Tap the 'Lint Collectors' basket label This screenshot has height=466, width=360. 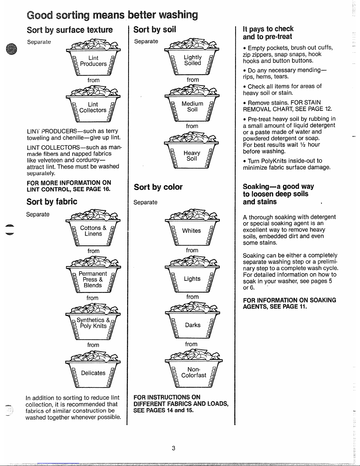tap(93, 108)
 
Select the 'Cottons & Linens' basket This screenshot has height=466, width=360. tap(93, 231)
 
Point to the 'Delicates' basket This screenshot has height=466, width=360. tap(93, 373)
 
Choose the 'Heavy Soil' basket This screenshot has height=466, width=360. tap(192, 156)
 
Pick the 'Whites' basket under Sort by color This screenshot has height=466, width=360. tap(192, 231)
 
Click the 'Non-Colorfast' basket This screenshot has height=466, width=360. tap(194, 373)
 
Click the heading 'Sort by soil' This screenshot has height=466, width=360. tap(155, 30)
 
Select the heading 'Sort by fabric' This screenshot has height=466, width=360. tap(52, 202)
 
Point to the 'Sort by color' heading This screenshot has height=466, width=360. tap(158, 187)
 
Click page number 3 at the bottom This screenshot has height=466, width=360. tap(174, 448)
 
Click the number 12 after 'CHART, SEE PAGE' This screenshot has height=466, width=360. tap(328, 109)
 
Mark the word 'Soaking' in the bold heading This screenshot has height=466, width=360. tap(256, 187)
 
